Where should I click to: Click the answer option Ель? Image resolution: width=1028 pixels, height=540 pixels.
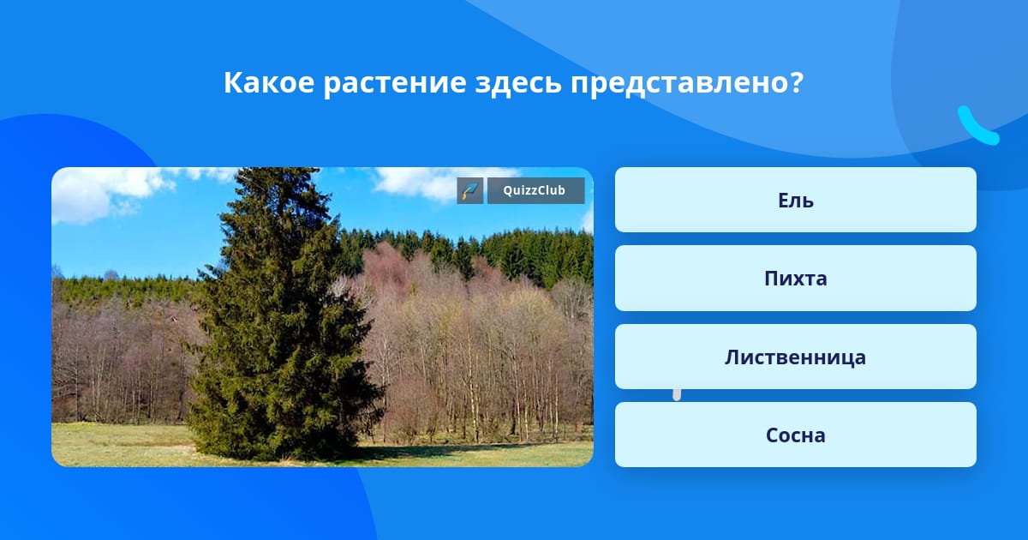click(795, 200)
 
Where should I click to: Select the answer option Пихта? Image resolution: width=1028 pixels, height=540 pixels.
click(795, 279)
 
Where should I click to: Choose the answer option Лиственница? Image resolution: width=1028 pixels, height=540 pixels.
click(795, 357)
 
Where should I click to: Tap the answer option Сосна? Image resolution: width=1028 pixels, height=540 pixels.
click(795, 435)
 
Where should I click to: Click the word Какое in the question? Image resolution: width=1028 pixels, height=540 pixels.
click(269, 82)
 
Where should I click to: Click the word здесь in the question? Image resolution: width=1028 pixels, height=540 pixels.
click(518, 84)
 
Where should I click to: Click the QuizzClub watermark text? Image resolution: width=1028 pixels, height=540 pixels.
click(535, 190)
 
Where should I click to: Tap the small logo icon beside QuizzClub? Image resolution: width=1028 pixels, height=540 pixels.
click(470, 190)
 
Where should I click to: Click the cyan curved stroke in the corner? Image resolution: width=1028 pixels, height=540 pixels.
click(977, 127)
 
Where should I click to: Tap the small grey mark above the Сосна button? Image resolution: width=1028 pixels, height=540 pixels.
click(677, 395)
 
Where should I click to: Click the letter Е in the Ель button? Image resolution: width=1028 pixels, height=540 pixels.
click(784, 201)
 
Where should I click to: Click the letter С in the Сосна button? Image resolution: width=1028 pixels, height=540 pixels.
click(773, 435)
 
